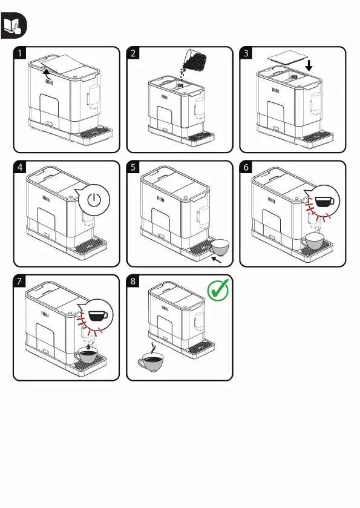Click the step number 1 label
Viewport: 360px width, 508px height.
coord(20,53)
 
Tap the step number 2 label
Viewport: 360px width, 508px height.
coord(133,53)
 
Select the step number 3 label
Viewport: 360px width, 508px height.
coord(246,53)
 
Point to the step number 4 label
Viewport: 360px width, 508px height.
coord(20,167)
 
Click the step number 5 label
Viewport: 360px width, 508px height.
coord(133,167)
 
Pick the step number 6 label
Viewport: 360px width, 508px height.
coord(246,167)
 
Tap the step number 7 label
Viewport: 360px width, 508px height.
coord(20,281)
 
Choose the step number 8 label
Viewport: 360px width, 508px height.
coord(133,281)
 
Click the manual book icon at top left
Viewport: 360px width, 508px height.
coord(14,25)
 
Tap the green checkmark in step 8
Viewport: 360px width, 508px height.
coord(218,290)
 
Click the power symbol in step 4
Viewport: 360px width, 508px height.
coord(94,200)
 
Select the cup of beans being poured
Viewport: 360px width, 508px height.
coord(195,59)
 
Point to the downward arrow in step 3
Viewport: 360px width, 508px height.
coord(309,65)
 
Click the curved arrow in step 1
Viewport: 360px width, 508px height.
coord(48,74)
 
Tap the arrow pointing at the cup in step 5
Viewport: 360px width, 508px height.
coord(216,259)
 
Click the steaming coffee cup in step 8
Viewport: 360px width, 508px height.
coord(151,360)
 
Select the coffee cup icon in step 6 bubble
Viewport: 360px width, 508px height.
coord(324,201)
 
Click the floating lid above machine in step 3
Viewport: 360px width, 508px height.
coord(287,59)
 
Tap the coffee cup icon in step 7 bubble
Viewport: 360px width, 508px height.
coord(98,315)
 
